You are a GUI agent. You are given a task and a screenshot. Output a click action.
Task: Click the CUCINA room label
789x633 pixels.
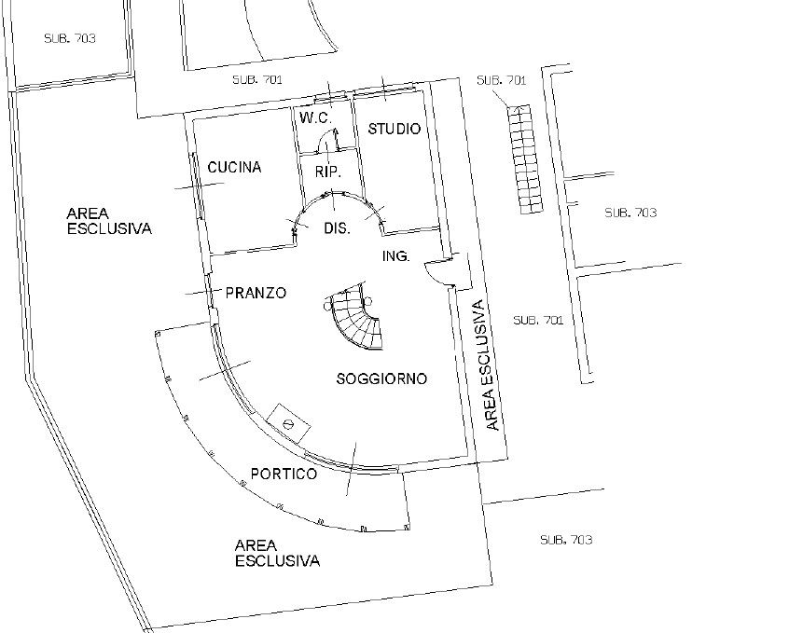[x=234, y=167]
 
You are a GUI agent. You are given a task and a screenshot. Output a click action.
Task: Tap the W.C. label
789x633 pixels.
[x=315, y=118]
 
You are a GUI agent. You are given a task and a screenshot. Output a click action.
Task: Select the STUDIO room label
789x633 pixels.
[x=394, y=129]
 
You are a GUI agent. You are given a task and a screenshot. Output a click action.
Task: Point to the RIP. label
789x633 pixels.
[x=328, y=172]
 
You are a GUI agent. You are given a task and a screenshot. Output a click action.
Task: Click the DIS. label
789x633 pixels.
[x=337, y=228]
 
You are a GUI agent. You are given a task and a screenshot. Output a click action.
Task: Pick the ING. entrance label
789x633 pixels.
[x=396, y=256]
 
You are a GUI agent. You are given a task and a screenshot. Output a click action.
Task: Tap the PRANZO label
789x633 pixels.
[x=256, y=293]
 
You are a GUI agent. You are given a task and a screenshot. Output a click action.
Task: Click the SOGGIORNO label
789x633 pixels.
[x=381, y=378]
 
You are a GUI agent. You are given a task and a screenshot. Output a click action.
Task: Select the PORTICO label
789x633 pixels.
[x=284, y=474]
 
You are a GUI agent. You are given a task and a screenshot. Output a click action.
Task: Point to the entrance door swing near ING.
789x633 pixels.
[x=436, y=272]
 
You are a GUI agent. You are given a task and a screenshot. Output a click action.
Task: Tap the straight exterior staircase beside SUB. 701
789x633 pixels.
[x=525, y=159]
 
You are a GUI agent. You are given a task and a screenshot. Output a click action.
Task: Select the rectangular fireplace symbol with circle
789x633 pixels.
[x=288, y=423]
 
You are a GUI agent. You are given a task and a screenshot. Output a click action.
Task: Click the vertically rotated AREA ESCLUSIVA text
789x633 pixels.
[x=486, y=365]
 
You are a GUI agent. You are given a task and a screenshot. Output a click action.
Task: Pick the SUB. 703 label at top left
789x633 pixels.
[x=70, y=38]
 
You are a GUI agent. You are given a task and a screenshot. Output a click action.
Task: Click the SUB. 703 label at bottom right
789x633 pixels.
[x=566, y=540]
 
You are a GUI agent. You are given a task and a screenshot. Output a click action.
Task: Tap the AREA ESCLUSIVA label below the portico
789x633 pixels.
[x=277, y=553]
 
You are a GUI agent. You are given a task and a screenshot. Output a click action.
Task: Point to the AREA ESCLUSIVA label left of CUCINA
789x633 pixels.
[x=109, y=221]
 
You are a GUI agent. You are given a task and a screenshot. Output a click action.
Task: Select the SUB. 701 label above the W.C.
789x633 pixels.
[x=257, y=79]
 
